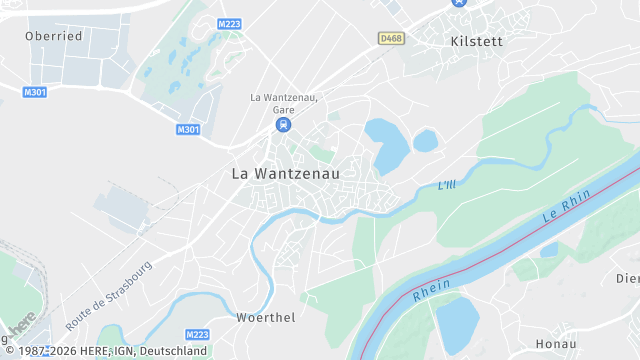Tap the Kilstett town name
[477, 41]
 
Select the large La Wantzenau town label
[286, 173]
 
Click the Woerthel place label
[265, 317]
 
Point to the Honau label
[556, 343]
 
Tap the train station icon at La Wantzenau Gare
[284, 125]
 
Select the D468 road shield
[392, 39]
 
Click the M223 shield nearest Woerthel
[198, 335]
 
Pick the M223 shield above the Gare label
[229, 23]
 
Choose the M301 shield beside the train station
[188, 129]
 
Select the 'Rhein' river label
[431, 288]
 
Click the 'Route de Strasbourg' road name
[108, 296]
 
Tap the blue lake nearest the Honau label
[458, 325]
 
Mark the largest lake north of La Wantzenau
[387, 144]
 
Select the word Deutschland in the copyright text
[173, 351]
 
